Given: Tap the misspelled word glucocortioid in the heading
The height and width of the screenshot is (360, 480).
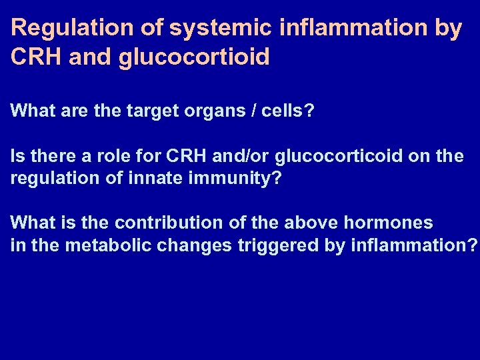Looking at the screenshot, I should pyautogui.click(x=195, y=57).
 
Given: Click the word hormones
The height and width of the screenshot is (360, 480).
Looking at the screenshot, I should pyautogui.click(x=393, y=223).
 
